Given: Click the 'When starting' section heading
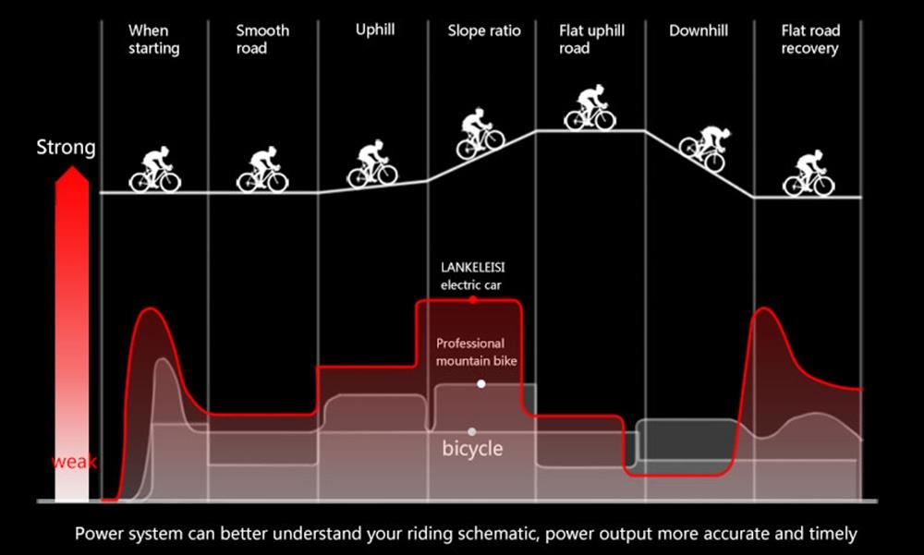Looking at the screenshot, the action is point(153,39).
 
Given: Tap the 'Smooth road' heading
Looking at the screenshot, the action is point(262,39).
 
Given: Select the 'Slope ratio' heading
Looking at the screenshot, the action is point(484,30).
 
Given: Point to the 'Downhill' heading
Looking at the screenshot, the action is point(699,30).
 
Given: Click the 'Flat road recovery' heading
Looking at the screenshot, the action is point(810,39).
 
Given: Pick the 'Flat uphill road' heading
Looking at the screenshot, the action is point(591,39).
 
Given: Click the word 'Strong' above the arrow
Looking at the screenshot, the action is point(66,148).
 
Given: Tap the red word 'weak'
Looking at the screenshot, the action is point(74,462).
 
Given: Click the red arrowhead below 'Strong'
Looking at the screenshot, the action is point(72,175).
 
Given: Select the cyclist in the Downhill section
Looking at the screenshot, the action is point(705,148).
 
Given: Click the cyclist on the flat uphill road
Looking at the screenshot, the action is point(590,107).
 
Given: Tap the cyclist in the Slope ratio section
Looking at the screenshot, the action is point(480,133).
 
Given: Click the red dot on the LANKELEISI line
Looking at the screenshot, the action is point(472,300).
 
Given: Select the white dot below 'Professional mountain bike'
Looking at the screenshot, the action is point(481,384).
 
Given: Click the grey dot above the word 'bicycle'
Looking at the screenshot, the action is point(472,432).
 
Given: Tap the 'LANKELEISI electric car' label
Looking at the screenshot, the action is point(472,276).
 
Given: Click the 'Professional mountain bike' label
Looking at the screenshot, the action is point(476,352).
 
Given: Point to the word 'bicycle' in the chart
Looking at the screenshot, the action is point(472,449).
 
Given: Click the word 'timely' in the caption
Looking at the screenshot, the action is point(833,534).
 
